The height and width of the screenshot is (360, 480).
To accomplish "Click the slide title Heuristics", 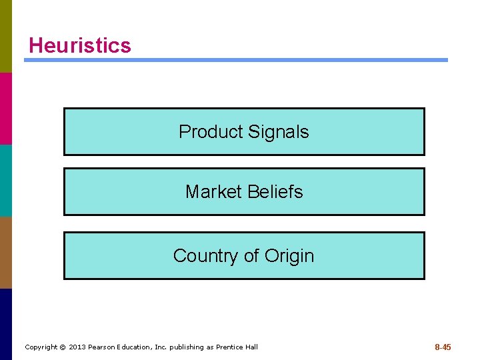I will point(80,45).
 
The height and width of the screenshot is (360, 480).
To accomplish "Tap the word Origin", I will point(289,256).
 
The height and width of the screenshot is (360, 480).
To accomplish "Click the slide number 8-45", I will point(443,347).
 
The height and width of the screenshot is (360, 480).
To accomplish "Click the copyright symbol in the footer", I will point(62,347).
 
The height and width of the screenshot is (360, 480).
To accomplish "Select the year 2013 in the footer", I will point(77,347).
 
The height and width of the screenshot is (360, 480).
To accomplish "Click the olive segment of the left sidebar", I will point(5,36).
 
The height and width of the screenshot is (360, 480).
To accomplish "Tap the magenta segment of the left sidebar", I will point(5,108).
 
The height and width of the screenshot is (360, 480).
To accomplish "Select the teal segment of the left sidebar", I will point(5,180).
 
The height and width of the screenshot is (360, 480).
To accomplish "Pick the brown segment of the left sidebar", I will point(5,252).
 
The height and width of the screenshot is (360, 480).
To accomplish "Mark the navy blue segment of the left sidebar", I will point(5,324).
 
